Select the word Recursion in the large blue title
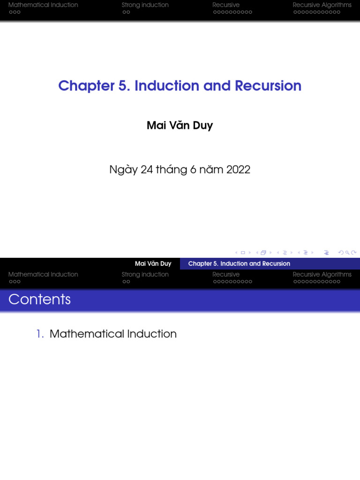pyautogui.click(x=268, y=86)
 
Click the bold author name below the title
pyautogui.click(x=180, y=126)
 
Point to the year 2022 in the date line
pyautogui.click(x=238, y=170)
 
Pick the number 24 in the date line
pyautogui.click(x=147, y=170)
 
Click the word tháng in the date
pyautogui.click(x=171, y=170)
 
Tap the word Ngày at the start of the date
pyautogui.click(x=123, y=170)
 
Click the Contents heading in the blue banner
pyautogui.click(x=39, y=300)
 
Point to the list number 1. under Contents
pyautogui.click(x=40, y=334)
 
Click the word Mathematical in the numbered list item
pyautogui.click(x=87, y=334)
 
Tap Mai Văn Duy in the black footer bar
pyautogui.click(x=153, y=264)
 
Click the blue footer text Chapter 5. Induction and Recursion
pyautogui.click(x=239, y=264)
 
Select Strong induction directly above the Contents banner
pyautogui.click(x=145, y=275)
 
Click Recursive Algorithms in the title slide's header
pyautogui.click(x=322, y=5)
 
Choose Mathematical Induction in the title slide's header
pyautogui.click(x=43, y=5)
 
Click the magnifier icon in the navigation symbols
pyautogui.click(x=347, y=253)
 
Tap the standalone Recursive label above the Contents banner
pyautogui.click(x=226, y=275)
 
